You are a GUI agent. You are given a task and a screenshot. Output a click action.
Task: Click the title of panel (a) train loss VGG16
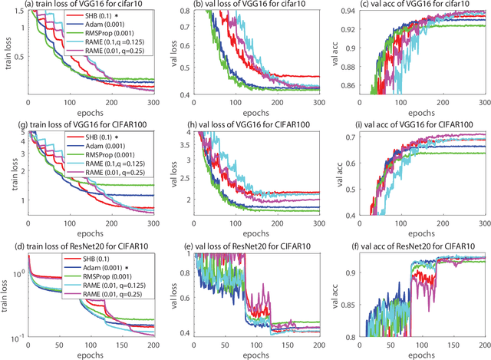82,5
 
